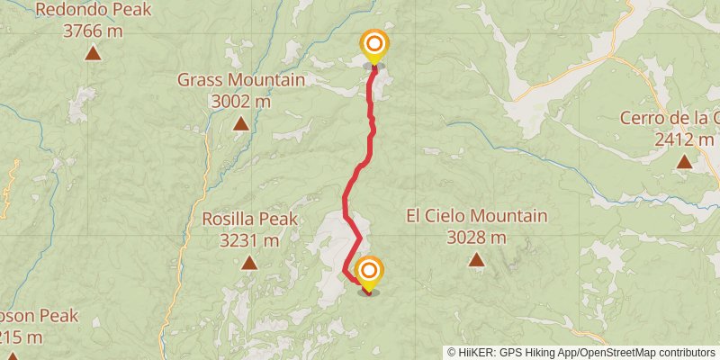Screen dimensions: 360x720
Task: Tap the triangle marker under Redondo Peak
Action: point(93,53)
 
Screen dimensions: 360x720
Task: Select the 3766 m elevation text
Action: point(93,31)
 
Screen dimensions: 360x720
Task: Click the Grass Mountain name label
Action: point(240,79)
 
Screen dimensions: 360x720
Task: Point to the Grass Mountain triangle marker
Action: point(240,122)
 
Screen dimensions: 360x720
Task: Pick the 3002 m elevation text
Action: point(240,101)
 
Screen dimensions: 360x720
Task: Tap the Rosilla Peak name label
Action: point(249,219)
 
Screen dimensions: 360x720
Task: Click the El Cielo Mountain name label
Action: point(476,216)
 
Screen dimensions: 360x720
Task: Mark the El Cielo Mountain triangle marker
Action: point(476,260)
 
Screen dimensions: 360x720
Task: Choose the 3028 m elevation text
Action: point(476,238)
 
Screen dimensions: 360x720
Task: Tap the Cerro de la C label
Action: point(670,118)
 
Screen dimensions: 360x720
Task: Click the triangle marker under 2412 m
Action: point(684,162)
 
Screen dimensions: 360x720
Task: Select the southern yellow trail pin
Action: point(368,272)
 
